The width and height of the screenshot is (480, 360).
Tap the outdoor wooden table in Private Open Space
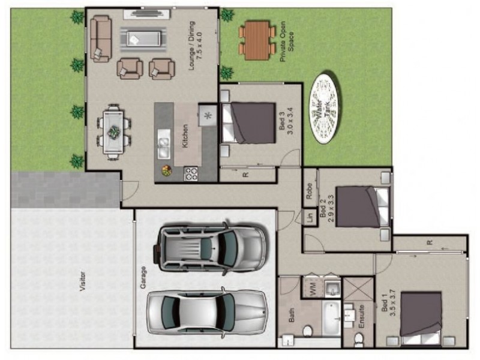click(x=257, y=40)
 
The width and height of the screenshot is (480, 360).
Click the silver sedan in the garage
click(x=206, y=311)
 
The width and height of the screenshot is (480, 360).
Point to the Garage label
click(x=143, y=278)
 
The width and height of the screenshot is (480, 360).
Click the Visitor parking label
click(x=82, y=281)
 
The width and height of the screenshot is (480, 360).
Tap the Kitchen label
click(x=185, y=136)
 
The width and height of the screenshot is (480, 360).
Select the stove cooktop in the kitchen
click(x=191, y=173)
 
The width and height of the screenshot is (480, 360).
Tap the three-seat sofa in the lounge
click(x=101, y=38)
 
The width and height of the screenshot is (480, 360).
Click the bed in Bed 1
click(x=421, y=318)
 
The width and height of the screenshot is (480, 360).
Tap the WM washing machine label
click(x=313, y=288)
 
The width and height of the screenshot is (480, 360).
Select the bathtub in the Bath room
click(x=331, y=318)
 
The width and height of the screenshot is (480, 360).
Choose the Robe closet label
click(x=308, y=191)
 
